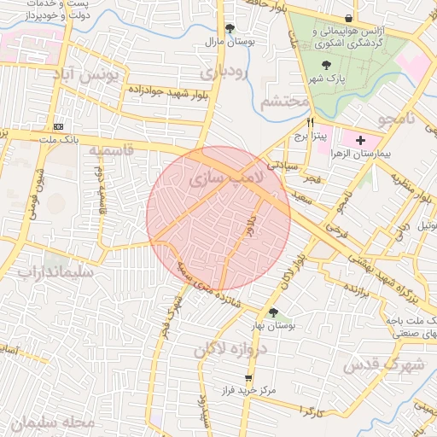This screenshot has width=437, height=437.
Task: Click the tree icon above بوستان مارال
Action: (230, 28)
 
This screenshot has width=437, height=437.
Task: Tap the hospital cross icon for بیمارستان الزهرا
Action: (360, 140)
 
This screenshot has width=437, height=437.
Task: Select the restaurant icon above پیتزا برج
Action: (298, 122)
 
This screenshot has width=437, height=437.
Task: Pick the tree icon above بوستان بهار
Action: (273, 312)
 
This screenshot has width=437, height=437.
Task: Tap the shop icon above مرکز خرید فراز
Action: (248, 378)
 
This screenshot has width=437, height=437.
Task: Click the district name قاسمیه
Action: (112, 150)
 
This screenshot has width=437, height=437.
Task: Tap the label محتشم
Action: (283, 102)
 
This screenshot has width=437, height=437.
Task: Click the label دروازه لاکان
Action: (230, 349)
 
